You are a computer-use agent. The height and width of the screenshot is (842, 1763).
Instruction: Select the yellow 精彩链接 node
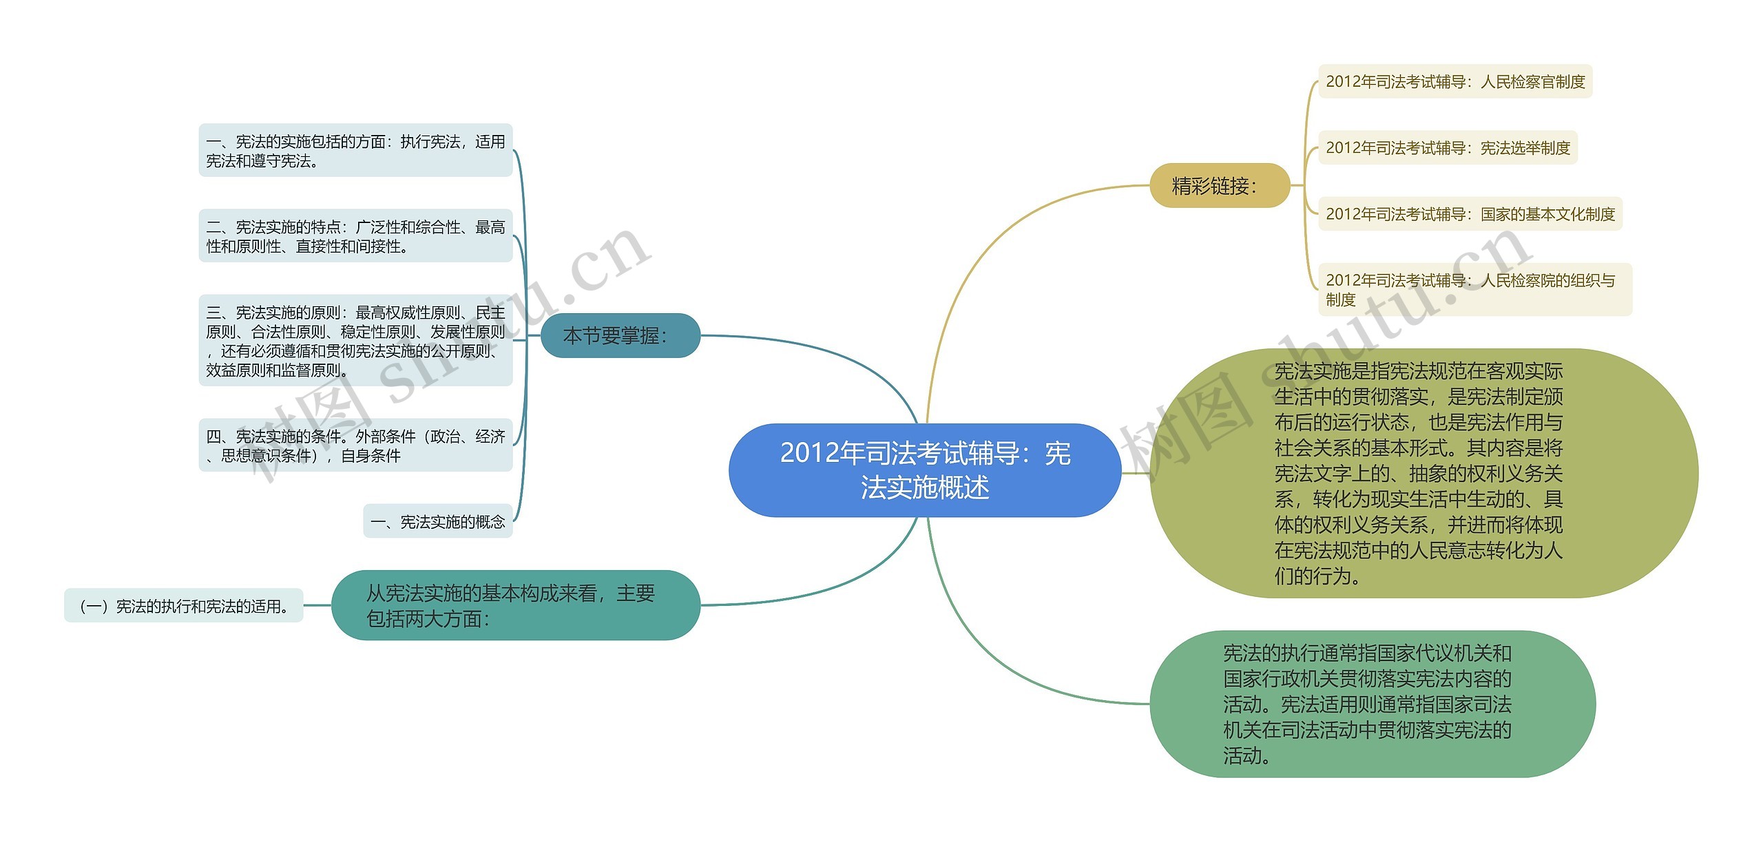point(1219,186)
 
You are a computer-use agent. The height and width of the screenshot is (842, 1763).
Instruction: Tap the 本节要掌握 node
point(620,336)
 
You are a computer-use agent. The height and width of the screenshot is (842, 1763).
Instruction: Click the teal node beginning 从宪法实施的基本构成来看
point(515,606)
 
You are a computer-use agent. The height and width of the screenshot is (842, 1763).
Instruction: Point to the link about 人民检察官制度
point(1454,82)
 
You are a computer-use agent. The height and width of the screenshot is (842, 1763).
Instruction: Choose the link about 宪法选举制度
point(1447,148)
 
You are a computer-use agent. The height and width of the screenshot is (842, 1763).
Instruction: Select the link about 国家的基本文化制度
point(1470,214)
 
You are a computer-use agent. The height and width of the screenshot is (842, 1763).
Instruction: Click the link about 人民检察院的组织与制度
point(1474,290)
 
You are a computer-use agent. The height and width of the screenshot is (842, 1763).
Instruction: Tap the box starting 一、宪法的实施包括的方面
point(355,151)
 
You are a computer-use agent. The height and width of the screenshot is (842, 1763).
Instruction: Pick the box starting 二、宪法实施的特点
point(355,236)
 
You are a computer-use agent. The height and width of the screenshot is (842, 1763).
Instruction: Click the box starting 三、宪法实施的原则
point(355,341)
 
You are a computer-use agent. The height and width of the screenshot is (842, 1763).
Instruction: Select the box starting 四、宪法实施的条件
point(355,445)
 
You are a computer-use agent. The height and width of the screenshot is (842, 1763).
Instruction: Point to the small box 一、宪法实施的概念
point(437,522)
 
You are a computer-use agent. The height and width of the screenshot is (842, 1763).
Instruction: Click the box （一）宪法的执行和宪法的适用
point(184,606)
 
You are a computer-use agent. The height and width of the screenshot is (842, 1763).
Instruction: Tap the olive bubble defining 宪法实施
point(1423,473)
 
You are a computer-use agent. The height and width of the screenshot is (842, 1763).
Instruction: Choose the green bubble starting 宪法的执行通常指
point(1372,704)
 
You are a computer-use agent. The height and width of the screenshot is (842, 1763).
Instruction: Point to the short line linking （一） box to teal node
point(317,606)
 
